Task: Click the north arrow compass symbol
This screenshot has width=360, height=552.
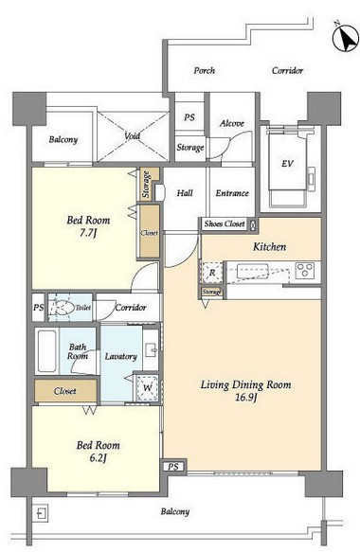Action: coord(346,38)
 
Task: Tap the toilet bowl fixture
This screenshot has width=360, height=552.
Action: coord(62,308)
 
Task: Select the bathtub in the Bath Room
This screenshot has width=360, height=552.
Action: coord(46,351)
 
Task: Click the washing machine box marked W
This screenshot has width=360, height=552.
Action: coord(148,387)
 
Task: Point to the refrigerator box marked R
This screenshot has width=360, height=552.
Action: coord(212,273)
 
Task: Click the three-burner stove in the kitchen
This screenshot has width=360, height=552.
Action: coord(305,271)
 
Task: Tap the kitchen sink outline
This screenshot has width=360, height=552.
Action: coord(252,272)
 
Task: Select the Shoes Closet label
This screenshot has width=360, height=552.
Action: coord(225,223)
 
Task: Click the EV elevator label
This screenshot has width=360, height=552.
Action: coord(287,164)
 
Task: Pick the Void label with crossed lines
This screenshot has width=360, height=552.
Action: coord(132,136)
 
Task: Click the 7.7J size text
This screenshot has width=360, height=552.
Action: coord(88,233)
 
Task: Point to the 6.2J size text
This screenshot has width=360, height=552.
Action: coord(99,458)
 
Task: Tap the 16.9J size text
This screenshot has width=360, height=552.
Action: coord(246,398)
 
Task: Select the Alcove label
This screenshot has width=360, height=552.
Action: coord(232,124)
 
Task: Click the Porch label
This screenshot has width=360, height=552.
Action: coord(205,70)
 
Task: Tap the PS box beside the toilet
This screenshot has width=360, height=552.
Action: coord(39,308)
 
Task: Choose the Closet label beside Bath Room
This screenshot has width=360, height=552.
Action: coord(65,391)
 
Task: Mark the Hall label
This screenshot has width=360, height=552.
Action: coord(185,193)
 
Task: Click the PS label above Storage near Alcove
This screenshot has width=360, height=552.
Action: coord(189,117)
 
